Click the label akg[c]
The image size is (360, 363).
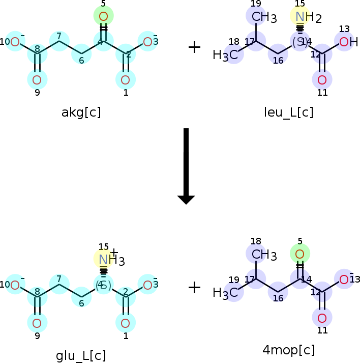pos(81,113)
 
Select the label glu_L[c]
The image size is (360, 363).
pos(81,355)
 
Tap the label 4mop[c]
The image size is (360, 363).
pos(288,350)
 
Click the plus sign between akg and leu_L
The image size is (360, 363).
pos(194,47)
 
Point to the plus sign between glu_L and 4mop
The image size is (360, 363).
pos(194,288)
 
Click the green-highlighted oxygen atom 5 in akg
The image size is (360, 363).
pos(103,16)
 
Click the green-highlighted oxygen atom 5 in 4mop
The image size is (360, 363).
pos(299,254)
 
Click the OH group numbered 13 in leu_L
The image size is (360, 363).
pos(347,42)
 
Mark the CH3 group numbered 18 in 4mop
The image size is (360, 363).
pos(262,255)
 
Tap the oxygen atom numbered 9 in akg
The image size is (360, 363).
pos(37,79)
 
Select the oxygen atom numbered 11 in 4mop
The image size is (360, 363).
pos(322,318)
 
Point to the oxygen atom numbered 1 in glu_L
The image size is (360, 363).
pos(126,323)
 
